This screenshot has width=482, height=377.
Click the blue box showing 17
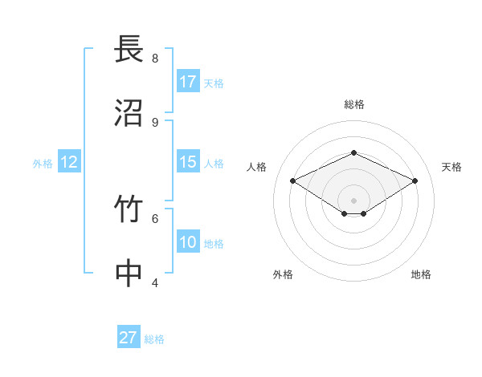(188, 82)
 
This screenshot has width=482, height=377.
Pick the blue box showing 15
(188, 162)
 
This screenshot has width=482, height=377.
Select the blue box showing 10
(188, 242)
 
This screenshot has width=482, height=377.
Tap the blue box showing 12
(69, 162)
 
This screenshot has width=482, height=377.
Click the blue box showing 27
(129, 338)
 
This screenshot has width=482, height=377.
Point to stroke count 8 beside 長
(155, 58)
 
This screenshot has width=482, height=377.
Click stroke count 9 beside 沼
(155, 122)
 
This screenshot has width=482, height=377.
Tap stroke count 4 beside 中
(155, 282)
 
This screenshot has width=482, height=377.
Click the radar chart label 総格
(354, 104)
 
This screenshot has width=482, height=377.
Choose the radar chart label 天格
(451, 167)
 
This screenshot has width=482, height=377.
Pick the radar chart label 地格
(421, 274)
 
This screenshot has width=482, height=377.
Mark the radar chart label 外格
(283, 274)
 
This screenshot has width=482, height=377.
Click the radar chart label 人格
(257, 167)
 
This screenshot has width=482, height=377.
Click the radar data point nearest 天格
(415, 181)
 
